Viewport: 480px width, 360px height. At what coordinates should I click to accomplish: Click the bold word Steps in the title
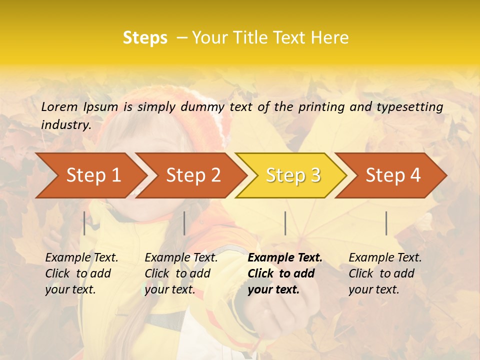pyautogui.click(x=145, y=37)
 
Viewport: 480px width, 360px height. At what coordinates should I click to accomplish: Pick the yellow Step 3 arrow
pyautogui.click(x=293, y=175)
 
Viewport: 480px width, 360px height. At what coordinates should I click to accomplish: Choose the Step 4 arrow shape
pyautogui.click(x=393, y=175)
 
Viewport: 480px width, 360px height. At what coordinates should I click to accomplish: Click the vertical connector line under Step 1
pyautogui.click(x=84, y=223)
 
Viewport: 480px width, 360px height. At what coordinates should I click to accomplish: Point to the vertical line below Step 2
pyautogui.click(x=184, y=223)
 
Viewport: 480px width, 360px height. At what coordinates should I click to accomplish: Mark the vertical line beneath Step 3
pyautogui.click(x=285, y=223)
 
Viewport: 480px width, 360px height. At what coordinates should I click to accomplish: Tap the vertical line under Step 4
pyautogui.click(x=386, y=223)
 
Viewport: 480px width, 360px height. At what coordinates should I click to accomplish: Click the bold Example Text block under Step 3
pyautogui.click(x=285, y=273)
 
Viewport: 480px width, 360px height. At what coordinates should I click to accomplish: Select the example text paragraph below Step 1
pyautogui.click(x=81, y=273)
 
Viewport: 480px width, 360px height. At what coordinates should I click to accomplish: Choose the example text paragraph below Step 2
pyautogui.click(x=181, y=273)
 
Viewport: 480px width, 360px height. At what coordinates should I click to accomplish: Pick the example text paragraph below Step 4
pyautogui.click(x=385, y=273)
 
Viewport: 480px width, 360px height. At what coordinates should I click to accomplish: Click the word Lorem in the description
pyautogui.click(x=59, y=106)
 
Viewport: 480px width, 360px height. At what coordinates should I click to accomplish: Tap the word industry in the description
pyautogui.click(x=65, y=124)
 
